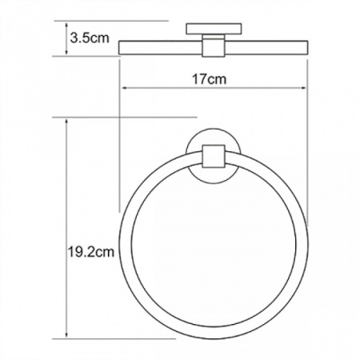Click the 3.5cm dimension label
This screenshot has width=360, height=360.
pos(90,38)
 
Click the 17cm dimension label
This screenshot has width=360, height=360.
pos(210,79)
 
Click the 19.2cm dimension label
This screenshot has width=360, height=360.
pos(91,251)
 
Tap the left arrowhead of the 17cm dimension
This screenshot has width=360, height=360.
pos(124,88)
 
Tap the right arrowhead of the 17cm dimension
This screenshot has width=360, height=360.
pos(303,88)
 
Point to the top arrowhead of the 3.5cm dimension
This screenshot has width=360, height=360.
pos(66,26)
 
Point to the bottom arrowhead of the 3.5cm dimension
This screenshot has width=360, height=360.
pos(66,52)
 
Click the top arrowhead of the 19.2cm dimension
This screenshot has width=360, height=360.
pos(66,122)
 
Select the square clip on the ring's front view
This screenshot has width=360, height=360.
pos(214,156)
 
